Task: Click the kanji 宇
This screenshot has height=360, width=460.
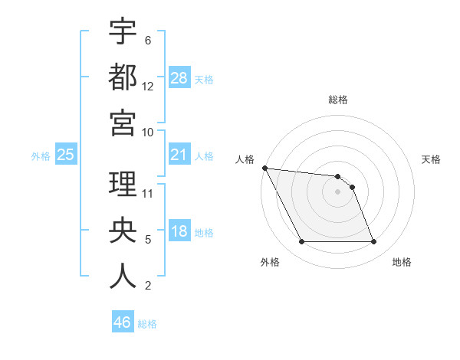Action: tap(123, 31)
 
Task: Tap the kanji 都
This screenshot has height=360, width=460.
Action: tap(123, 77)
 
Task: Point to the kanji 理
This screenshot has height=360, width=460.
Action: tap(123, 184)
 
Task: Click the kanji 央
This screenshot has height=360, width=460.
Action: tap(123, 231)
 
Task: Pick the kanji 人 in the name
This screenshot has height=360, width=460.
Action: tap(123, 277)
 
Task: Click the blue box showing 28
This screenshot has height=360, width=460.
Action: tap(179, 77)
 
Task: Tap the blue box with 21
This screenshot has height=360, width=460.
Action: tap(179, 155)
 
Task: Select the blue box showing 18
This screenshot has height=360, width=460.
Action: tap(179, 232)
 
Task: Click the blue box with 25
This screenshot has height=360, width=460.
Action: tap(66, 155)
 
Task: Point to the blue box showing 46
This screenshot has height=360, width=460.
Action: tap(123, 322)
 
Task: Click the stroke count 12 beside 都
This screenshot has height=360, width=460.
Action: tap(148, 87)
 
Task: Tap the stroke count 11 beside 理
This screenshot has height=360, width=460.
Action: tap(148, 194)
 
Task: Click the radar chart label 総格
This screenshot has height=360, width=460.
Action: tap(338, 100)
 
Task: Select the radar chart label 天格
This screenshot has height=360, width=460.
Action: tap(432, 159)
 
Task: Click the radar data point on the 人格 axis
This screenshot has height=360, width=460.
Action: tap(264, 168)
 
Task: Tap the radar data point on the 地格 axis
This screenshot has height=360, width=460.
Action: tap(373, 242)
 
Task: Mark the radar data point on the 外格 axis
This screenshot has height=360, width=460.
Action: tap(301, 242)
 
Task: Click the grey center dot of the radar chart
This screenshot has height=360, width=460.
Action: tap(338, 191)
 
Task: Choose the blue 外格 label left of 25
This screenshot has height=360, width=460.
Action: tap(41, 156)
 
